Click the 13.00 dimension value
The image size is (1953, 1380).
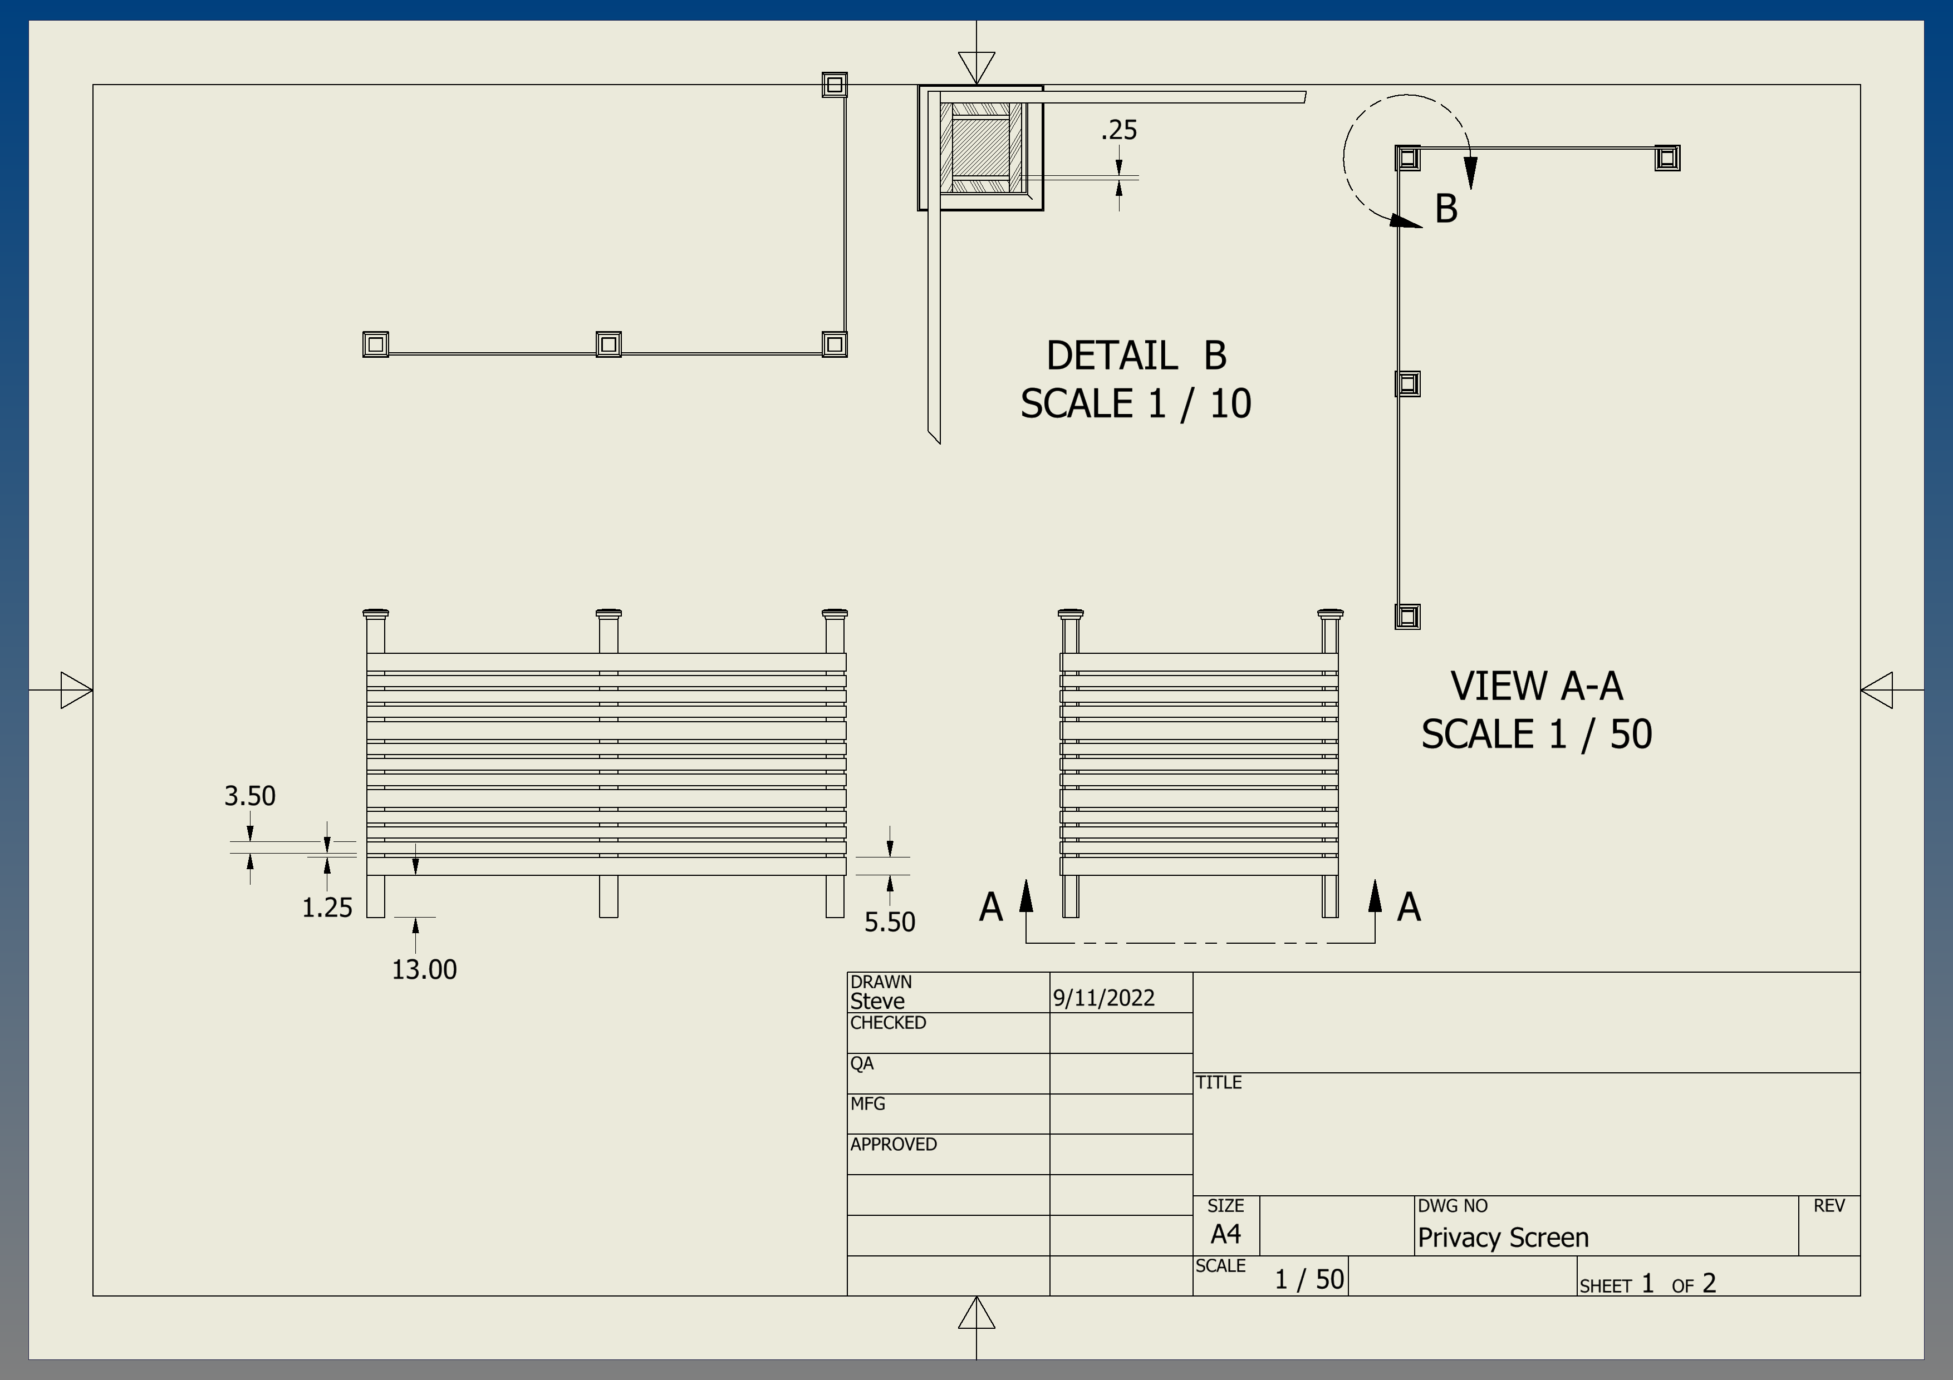(x=424, y=969)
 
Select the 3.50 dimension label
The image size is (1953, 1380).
(x=249, y=796)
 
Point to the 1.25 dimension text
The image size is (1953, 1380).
(x=327, y=908)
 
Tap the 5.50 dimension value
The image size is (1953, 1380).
(x=889, y=921)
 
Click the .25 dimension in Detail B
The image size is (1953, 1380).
(x=1118, y=130)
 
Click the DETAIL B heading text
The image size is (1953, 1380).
(x=1136, y=356)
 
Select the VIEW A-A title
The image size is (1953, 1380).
(x=1536, y=686)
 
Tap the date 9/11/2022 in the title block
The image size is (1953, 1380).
(x=1103, y=998)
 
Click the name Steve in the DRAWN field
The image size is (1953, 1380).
(x=877, y=1002)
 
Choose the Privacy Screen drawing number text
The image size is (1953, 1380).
(x=1502, y=1238)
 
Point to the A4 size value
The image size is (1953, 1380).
(x=1225, y=1234)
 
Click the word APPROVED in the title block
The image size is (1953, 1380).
(x=893, y=1145)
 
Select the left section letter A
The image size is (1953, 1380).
(x=990, y=907)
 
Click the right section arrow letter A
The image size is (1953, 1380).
(x=1409, y=907)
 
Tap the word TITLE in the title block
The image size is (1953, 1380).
(x=1218, y=1082)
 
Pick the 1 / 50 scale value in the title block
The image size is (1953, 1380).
(x=1308, y=1280)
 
